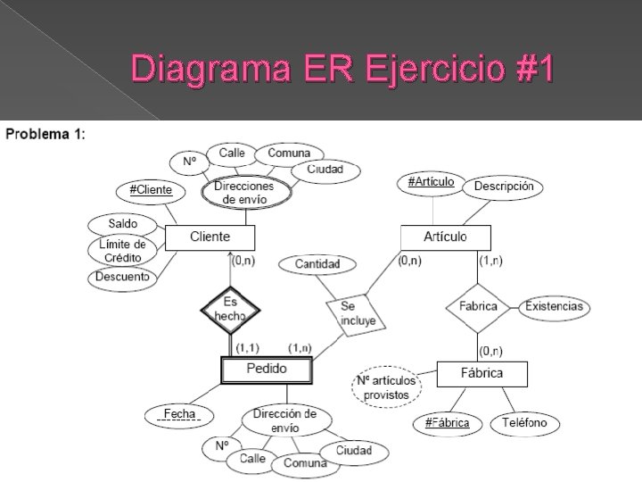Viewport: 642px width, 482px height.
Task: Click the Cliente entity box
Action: [x=210, y=237]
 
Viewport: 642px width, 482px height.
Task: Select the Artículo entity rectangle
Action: [x=445, y=237]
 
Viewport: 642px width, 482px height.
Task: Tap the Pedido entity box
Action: [x=267, y=369]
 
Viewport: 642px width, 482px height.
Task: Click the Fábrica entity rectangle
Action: [x=481, y=373]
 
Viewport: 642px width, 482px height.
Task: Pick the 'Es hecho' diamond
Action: [x=231, y=309]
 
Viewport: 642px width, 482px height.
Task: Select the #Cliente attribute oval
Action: [x=151, y=190]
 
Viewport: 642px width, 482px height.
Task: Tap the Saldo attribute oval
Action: [x=122, y=223]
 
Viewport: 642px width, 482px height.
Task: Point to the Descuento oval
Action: [x=122, y=277]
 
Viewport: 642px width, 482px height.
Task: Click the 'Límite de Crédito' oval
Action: [x=122, y=250]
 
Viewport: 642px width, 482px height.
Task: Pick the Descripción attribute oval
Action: [x=504, y=187]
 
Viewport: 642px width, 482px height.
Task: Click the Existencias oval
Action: [x=554, y=306]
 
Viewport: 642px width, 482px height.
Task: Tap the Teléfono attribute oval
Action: [x=530, y=422]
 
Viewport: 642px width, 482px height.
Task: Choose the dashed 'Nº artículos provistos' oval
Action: [x=386, y=387]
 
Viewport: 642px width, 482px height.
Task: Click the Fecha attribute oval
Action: [x=179, y=414]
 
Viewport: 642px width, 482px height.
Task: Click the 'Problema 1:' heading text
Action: [x=45, y=135]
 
